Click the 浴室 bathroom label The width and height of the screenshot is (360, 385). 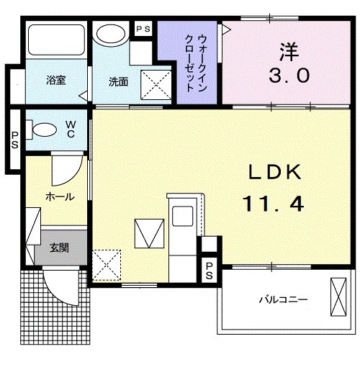tap(56, 80)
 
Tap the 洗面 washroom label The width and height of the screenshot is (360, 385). tap(118, 82)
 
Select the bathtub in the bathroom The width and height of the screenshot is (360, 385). tap(56, 40)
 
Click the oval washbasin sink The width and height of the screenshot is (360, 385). tap(112, 33)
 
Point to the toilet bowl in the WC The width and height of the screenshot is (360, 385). tap(45, 129)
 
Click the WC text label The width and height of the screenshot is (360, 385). tap(71, 129)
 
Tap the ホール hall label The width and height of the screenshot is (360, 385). tap(60, 197)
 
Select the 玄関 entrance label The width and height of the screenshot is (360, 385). tap(59, 248)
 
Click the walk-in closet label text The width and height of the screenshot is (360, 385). tap(196, 63)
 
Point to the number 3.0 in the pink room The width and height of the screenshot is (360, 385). tap(289, 76)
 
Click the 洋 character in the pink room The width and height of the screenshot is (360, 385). tap(289, 52)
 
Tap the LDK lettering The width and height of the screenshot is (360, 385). tap(275, 172)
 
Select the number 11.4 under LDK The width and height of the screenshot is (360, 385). tap(273, 204)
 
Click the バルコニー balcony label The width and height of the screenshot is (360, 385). tap(284, 299)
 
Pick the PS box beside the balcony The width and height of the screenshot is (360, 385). tap(209, 271)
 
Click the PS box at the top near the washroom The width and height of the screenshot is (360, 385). tap(143, 30)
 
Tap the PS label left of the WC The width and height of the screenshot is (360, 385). tap(14, 140)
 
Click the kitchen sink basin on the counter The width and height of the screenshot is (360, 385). tap(182, 216)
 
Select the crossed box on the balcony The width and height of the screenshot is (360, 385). tap(338, 297)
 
